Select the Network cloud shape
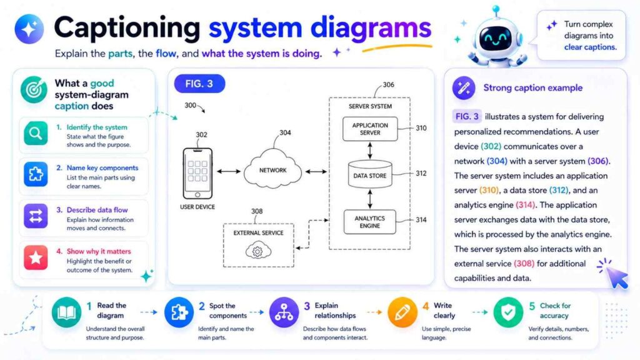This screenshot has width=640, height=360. (272, 170)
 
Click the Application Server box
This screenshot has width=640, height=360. (369, 129)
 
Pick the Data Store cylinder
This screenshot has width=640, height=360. (369, 176)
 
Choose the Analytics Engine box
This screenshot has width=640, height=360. (369, 222)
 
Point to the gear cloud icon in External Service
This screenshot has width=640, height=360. (256, 251)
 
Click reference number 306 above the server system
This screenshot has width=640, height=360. (388, 85)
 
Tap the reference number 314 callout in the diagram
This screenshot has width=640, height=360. (421, 220)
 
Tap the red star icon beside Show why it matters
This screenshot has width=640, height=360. (36, 257)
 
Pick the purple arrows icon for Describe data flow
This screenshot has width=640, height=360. (36, 216)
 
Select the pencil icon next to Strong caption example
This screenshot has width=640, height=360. (463, 88)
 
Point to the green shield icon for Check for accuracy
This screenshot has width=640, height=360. (507, 312)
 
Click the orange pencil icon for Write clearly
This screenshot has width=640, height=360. (402, 312)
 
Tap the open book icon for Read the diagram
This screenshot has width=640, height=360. (67, 312)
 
